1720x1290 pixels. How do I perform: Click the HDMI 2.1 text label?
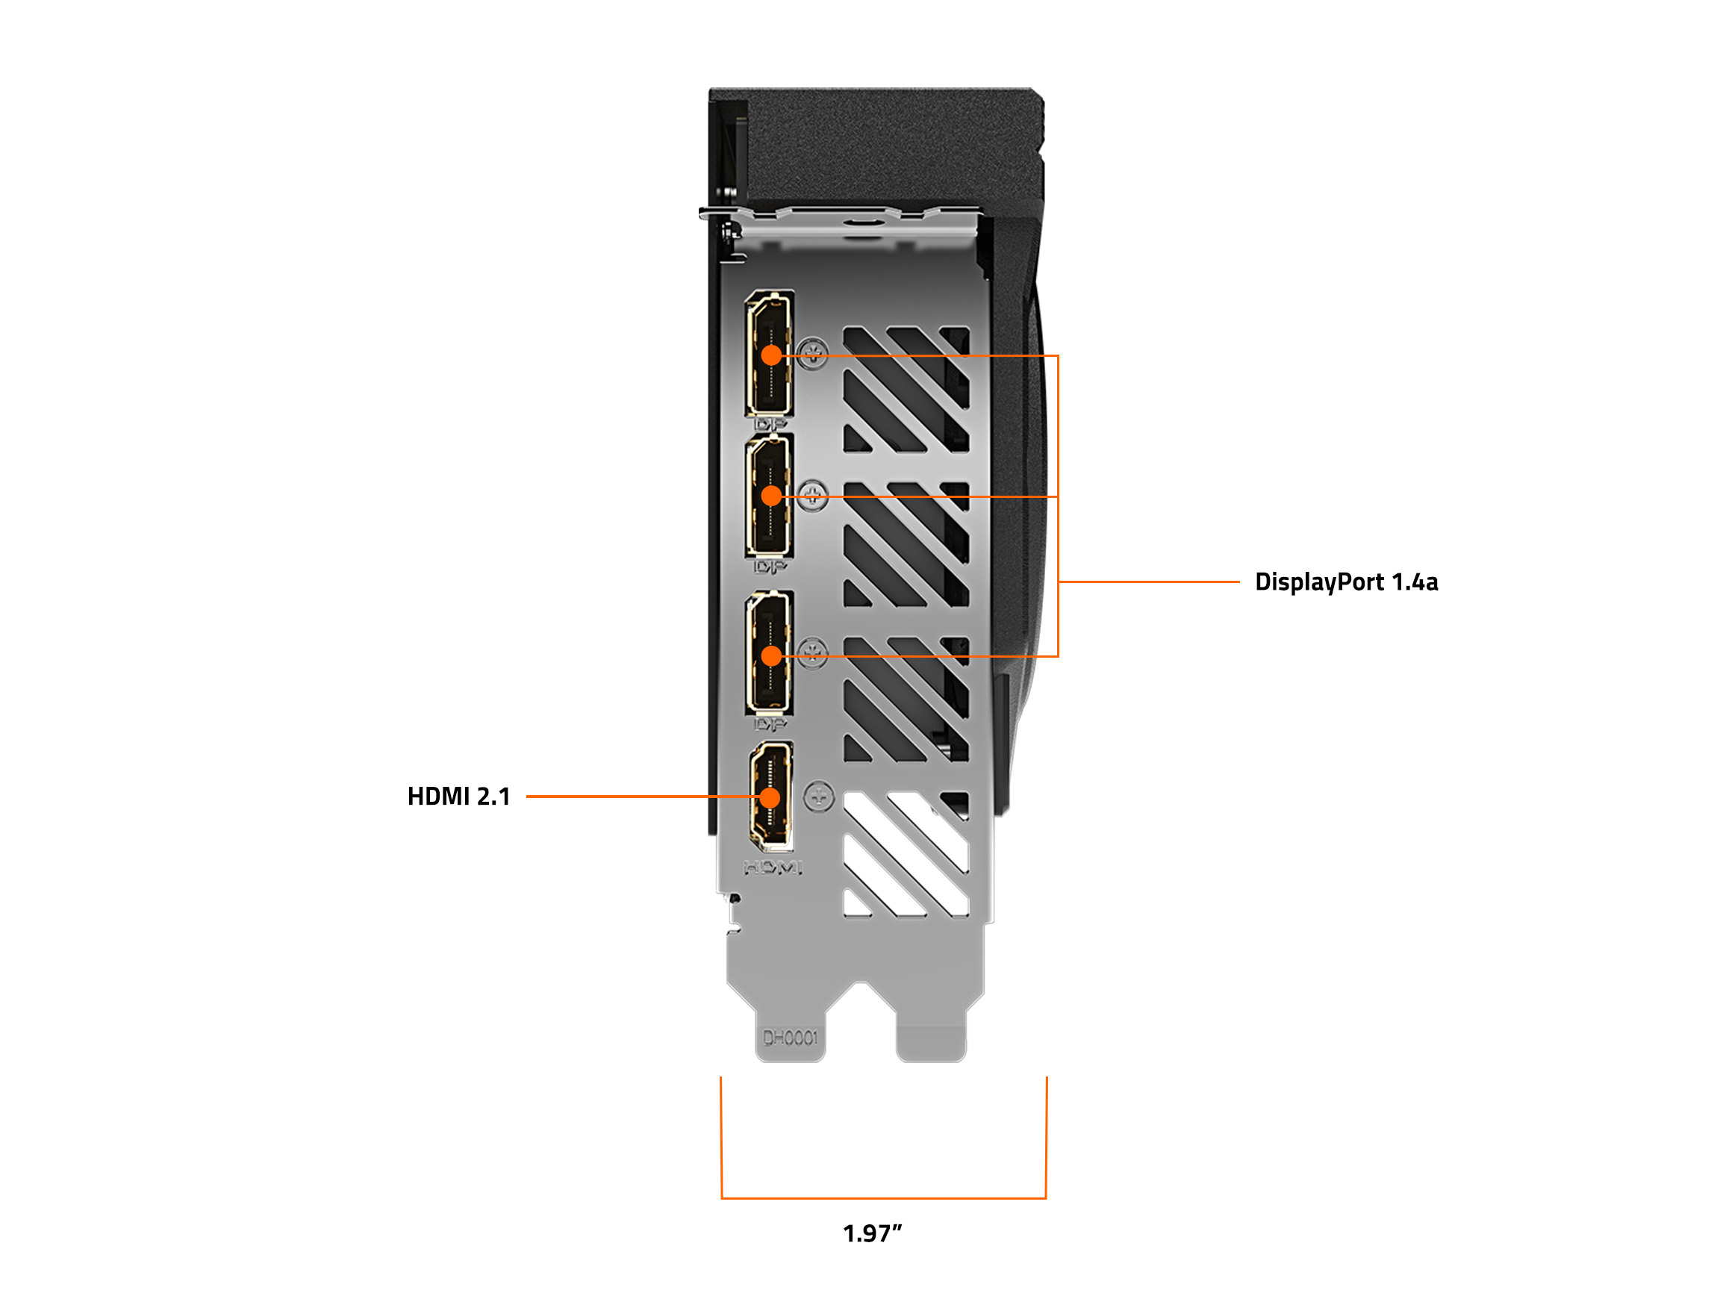459,797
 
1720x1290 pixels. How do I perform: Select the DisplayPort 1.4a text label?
1346,582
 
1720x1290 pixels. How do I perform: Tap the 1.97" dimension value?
872,1233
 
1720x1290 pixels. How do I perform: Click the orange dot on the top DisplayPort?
771,355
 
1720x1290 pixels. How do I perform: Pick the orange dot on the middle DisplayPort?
771,496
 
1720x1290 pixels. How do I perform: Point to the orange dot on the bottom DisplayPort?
771,656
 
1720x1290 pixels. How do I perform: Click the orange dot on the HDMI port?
770,798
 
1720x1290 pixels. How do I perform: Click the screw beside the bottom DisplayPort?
812,652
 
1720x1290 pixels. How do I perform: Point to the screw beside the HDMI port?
819,797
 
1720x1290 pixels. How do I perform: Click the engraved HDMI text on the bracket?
773,867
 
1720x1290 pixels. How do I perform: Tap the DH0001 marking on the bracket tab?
790,1038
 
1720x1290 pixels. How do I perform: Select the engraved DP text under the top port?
770,425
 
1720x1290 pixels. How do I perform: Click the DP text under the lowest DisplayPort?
770,725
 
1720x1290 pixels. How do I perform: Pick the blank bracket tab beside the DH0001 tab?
931,1042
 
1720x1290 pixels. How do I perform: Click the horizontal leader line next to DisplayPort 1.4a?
1149,582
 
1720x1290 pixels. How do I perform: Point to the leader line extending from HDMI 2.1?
622,797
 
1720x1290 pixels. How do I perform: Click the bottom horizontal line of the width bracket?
883,1198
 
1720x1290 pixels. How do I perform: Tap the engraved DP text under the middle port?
770,567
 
